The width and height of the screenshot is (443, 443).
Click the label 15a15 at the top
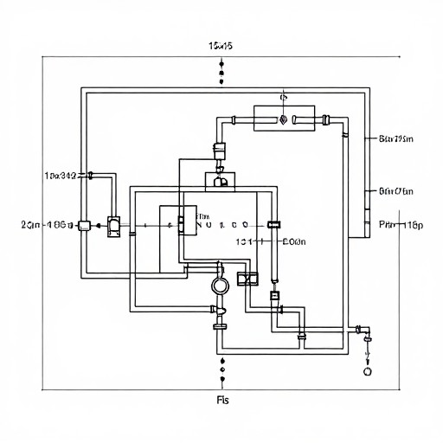[221, 46]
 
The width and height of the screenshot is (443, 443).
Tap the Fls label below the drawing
[221, 400]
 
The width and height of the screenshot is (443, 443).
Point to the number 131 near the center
[243, 243]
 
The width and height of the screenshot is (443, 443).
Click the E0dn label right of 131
[295, 243]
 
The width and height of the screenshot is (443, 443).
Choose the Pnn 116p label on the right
[401, 225]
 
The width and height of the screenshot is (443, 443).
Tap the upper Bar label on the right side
[397, 138]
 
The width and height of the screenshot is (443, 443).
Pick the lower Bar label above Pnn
[397, 192]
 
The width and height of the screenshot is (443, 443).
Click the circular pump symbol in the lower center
[219, 284]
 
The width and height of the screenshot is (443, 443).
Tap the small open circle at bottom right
[367, 369]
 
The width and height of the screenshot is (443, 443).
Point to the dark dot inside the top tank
[283, 120]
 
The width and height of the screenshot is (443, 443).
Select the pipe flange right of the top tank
[323, 119]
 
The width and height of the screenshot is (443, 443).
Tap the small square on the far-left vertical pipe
[84, 226]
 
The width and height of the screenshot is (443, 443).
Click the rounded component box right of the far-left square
[113, 227]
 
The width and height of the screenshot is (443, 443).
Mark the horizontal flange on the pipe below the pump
[220, 326]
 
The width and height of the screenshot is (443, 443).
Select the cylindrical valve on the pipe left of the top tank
[220, 149]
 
